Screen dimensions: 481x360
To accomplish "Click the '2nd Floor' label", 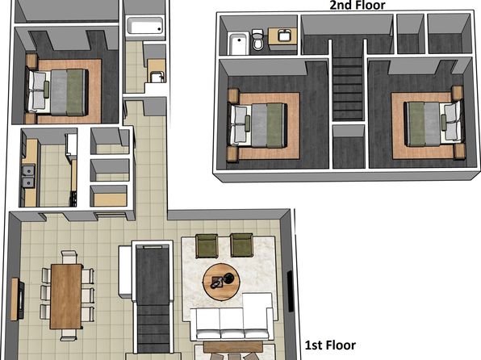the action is point(358,5).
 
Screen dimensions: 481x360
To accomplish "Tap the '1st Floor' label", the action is point(330,345).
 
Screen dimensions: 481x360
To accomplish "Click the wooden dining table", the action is point(66,296).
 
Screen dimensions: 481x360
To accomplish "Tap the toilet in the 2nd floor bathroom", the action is point(257,39).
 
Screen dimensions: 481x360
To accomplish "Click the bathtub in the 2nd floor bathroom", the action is point(239,44).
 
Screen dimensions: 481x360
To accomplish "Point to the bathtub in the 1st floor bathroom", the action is point(144,27).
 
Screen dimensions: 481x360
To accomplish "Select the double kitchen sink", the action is point(28,176).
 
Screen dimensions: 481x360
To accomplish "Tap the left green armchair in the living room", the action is point(207,245).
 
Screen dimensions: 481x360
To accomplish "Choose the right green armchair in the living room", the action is point(242,245).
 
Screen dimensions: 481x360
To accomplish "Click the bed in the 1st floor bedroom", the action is point(57,92).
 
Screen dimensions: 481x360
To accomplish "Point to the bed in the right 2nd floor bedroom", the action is point(433,123).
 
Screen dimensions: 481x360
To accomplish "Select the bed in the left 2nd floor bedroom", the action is point(258,124).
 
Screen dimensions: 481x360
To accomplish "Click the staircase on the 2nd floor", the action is point(348,88).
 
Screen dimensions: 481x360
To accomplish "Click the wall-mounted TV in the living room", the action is point(290,291).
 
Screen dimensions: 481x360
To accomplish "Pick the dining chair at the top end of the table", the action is point(69,257).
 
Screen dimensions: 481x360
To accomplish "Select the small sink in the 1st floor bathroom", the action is point(157,77).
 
